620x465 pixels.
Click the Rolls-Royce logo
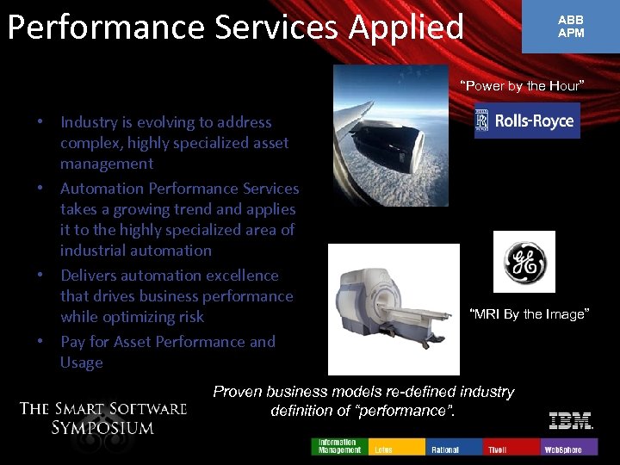(x=527, y=121)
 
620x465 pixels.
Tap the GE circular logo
(x=524, y=262)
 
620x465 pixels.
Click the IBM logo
(x=571, y=421)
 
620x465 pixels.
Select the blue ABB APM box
(x=570, y=27)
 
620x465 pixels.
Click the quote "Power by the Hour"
(x=522, y=85)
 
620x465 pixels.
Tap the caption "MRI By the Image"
(x=529, y=314)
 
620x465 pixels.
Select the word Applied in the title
(x=406, y=28)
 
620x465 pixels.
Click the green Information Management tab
(x=339, y=446)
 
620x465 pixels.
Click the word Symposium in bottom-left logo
(x=102, y=427)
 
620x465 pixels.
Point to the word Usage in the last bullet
(x=81, y=363)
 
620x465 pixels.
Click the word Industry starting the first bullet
(x=91, y=122)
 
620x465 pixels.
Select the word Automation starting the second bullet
(x=102, y=188)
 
